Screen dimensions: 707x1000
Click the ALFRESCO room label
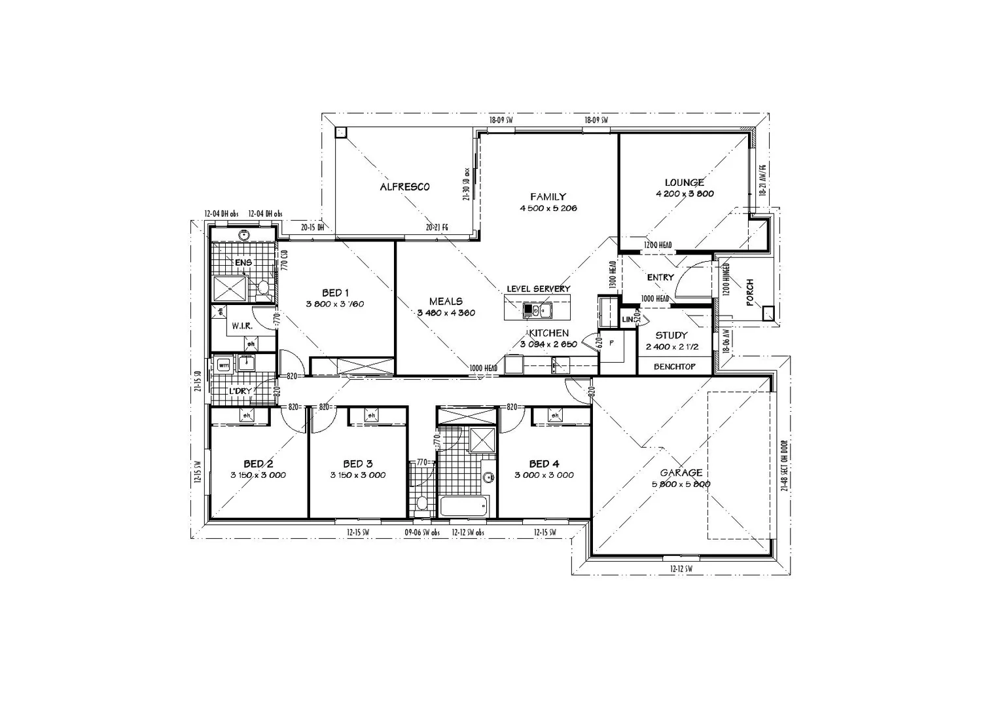click(404, 187)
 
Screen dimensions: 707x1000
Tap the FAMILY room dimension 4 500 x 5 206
click(548, 208)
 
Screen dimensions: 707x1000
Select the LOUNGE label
click(684, 183)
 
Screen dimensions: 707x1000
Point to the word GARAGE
click(681, 473)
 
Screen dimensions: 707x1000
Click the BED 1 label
click(335, 293)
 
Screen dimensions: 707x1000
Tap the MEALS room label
click(446, 302)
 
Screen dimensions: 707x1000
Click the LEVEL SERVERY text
click(538, 289)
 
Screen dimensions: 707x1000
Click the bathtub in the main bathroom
click(464, 506)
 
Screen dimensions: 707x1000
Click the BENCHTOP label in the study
click(674, 367)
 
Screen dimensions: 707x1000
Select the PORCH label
click(750, 292)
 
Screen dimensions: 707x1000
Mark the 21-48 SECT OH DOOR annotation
click(784, 465)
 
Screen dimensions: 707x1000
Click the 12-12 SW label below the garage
click(681, 570)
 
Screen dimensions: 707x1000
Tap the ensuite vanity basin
click(243, 234)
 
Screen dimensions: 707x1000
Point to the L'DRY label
click(239, 391)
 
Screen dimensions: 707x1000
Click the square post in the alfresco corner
click(340, 132)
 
